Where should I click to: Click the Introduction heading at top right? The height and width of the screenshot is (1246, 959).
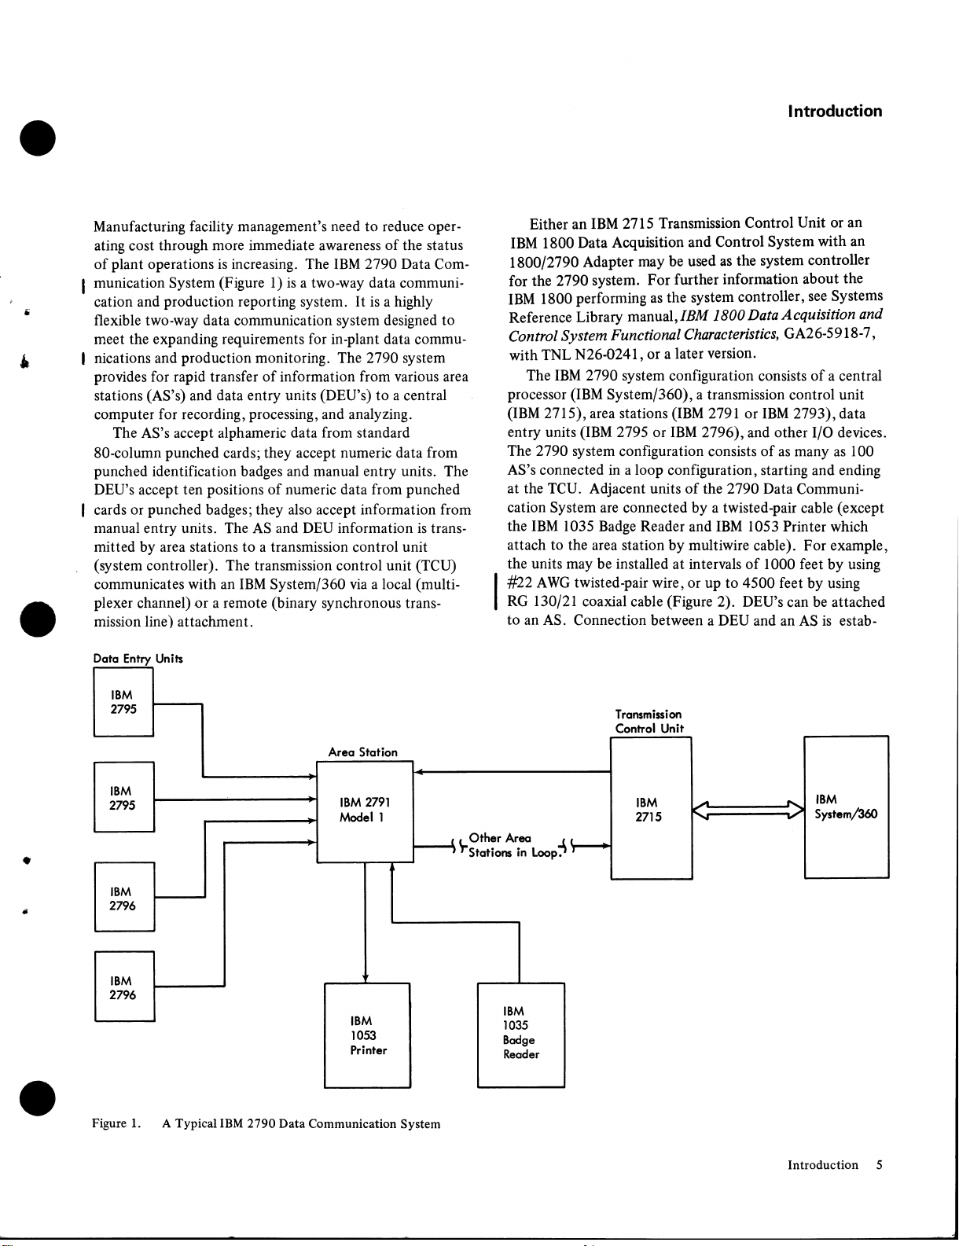coord(835,112)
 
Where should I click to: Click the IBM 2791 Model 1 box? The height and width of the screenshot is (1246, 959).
coord(365,811)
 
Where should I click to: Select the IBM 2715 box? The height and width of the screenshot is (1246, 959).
coord(651,809)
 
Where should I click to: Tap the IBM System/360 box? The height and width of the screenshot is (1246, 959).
coord(846,807)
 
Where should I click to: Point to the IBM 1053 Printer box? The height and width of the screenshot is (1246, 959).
coord(368,1035)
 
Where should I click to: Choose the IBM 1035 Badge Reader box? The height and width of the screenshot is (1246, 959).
coord(521,1035)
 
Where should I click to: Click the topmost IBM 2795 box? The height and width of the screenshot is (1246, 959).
coord(123,702)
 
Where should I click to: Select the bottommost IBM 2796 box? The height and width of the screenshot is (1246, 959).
coord(124,987)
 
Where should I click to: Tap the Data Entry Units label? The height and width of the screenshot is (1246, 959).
coord(138,659)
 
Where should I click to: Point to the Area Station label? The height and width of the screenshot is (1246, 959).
coord(362,752)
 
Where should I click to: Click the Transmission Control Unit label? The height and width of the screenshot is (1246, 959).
coord(649,722)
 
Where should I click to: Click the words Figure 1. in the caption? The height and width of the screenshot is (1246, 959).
coord(116,1123)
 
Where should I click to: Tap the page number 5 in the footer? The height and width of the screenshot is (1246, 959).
coord(879,1165)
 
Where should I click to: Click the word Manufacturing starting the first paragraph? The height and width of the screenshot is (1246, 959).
coord(139,227)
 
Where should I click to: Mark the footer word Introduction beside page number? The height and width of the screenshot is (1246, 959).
coord(823,1165)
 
